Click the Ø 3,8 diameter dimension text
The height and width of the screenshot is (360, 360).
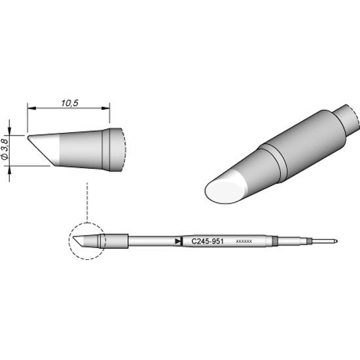click(6, 150)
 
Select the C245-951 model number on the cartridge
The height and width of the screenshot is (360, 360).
click(207, 241)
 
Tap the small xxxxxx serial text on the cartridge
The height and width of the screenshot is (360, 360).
click(243, 242)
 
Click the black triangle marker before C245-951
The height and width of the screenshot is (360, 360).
click(179, 241)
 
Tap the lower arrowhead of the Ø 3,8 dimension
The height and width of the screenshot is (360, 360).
click(10, 168)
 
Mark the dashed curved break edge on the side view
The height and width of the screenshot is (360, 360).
click(123, 151)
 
